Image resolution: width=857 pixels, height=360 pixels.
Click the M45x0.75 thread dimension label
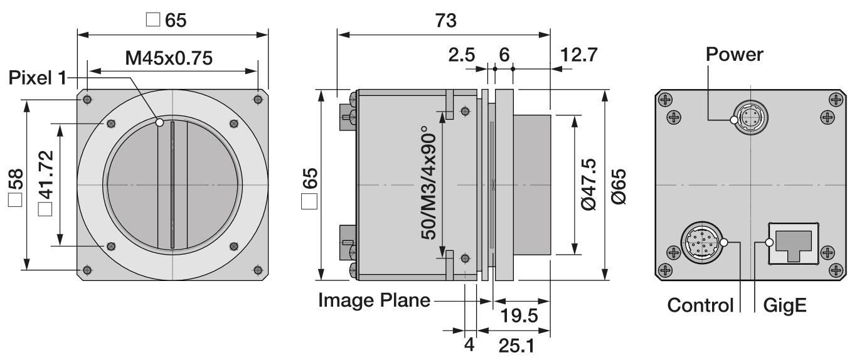click(x=169, y=58)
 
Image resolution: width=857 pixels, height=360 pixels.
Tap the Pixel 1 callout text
click(x=38, y=78)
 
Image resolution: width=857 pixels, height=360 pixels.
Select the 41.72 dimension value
click(x=46, y=175)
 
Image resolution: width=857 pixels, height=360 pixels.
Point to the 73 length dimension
click(x=445, y=21)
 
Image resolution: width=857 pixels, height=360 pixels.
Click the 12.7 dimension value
click(x=578, y=55)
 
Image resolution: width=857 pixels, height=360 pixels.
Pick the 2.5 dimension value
click(x=461, y=55)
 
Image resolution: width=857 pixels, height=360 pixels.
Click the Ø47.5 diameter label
click(x=588, y=184)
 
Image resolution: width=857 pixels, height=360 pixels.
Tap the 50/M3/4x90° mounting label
click(x=428, y=186)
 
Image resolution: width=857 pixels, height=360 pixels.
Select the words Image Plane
click(x=374, y=300)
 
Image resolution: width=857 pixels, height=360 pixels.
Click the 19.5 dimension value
click(x=519, y=315)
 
